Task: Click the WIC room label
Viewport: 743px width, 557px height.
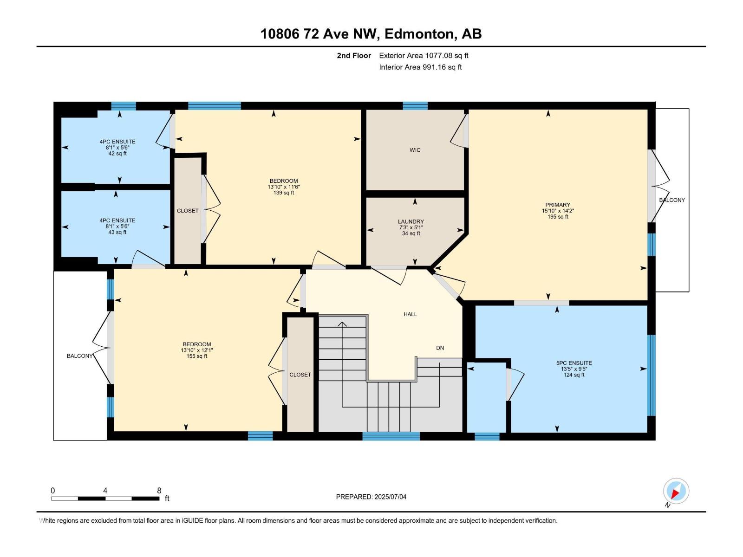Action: coord(415,150)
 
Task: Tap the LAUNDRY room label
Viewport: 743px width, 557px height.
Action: coord(411,222)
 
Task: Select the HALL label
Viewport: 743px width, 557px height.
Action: coord(410,314)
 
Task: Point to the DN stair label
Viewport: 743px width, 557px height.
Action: coord(440,348)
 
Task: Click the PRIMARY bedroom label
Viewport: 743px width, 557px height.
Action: coord(558,205)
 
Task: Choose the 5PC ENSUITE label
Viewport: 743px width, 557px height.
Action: coord(574,363)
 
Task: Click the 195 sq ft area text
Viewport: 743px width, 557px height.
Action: coord(558,217)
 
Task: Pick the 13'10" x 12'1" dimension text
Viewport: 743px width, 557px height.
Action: coord(197,350)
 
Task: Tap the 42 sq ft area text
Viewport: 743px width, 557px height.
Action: coord(117,154)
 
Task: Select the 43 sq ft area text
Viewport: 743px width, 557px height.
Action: coord(117,233)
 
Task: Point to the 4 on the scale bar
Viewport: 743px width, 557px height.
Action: coord(105,491)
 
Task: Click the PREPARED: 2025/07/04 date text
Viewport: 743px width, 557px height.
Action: coord(371,497)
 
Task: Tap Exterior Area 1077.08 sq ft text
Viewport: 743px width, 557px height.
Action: coord(424,55)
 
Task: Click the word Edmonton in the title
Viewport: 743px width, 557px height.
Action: coord(419,34)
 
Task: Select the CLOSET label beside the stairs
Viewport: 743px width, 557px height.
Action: coord(300,375)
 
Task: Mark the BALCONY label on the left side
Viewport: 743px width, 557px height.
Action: coord(79,356)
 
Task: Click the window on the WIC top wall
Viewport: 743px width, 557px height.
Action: coord(415,106)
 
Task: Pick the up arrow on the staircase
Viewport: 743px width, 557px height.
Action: coord(342,324)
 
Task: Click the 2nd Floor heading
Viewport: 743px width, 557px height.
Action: coord(354,55)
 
